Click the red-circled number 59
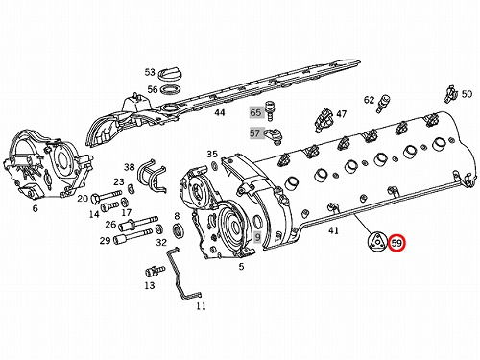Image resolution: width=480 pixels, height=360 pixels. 396,243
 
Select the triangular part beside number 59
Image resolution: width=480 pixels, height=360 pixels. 377,242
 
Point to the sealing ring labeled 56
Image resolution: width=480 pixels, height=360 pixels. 170,90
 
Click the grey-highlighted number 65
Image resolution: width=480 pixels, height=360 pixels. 255,112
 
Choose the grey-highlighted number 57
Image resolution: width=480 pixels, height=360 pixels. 255,132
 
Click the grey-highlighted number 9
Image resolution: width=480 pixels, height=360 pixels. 258,237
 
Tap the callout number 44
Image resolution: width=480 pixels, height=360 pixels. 219,112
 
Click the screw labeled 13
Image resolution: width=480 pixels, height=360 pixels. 155,271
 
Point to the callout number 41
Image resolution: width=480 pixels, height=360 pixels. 333,230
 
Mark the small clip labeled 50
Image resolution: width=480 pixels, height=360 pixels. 450,94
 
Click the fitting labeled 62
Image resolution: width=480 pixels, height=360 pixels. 383,103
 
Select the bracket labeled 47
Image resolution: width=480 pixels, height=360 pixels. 324,120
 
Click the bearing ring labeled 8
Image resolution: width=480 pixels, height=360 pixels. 177,230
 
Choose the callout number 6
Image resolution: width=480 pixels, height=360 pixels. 35,208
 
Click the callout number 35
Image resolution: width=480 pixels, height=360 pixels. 212,155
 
